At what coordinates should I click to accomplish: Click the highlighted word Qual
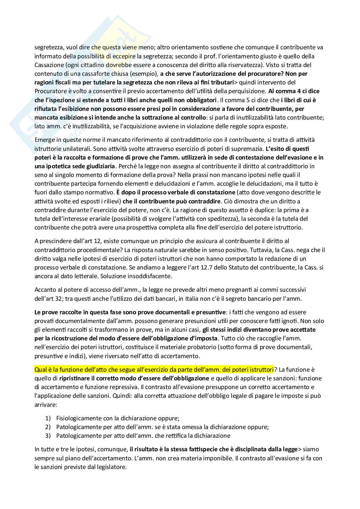(x=40, y=369)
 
